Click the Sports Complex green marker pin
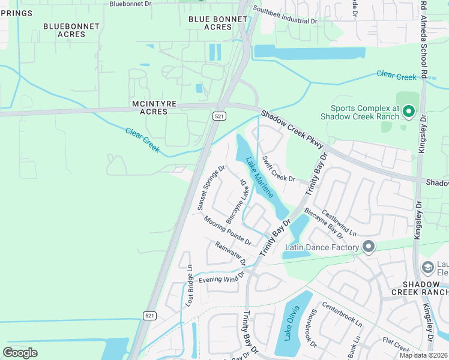click(409, 112)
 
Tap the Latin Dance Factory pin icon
click(369, 247)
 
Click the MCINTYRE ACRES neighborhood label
click(154, 108)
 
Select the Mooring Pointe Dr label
click(227, 230)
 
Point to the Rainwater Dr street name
click(231, 253)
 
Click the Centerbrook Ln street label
click(342, 314)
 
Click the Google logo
click(20, 352)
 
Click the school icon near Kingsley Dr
click(428, 266)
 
